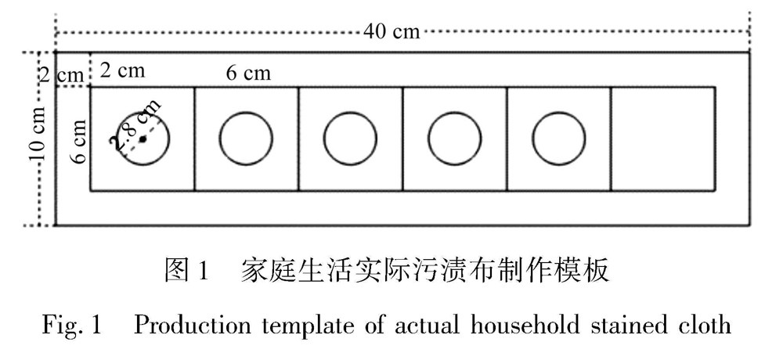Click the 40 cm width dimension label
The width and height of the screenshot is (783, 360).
391,32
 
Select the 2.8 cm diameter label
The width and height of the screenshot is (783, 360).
137,124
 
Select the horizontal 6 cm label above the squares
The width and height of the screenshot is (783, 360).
248,74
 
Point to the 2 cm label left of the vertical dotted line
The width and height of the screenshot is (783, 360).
60,75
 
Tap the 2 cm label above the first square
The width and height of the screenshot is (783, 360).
122,70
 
